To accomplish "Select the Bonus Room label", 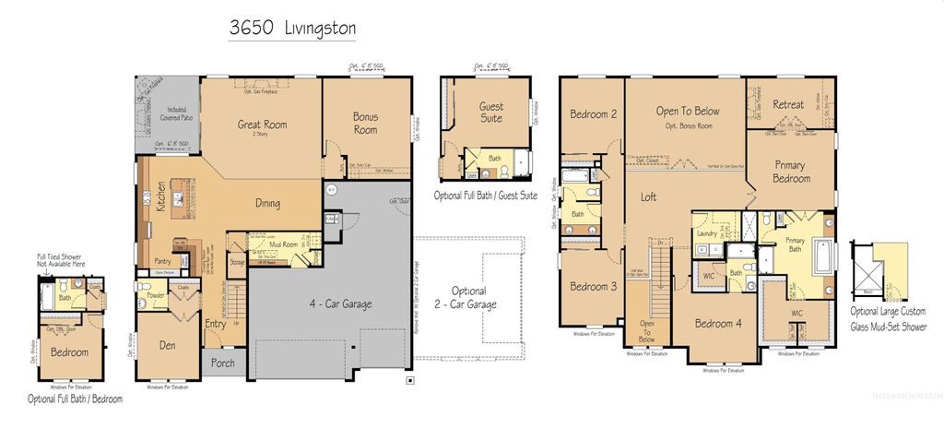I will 365,123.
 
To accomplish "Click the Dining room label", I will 267,204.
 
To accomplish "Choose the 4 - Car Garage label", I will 327,300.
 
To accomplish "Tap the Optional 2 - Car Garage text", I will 469,297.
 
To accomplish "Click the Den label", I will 167,346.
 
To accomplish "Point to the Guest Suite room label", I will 491,113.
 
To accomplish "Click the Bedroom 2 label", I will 592,114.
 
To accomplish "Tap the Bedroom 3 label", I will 593,286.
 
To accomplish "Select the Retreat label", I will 788,104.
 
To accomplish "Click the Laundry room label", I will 707,234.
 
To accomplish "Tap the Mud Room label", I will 282,244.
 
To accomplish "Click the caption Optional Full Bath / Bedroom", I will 75,399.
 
